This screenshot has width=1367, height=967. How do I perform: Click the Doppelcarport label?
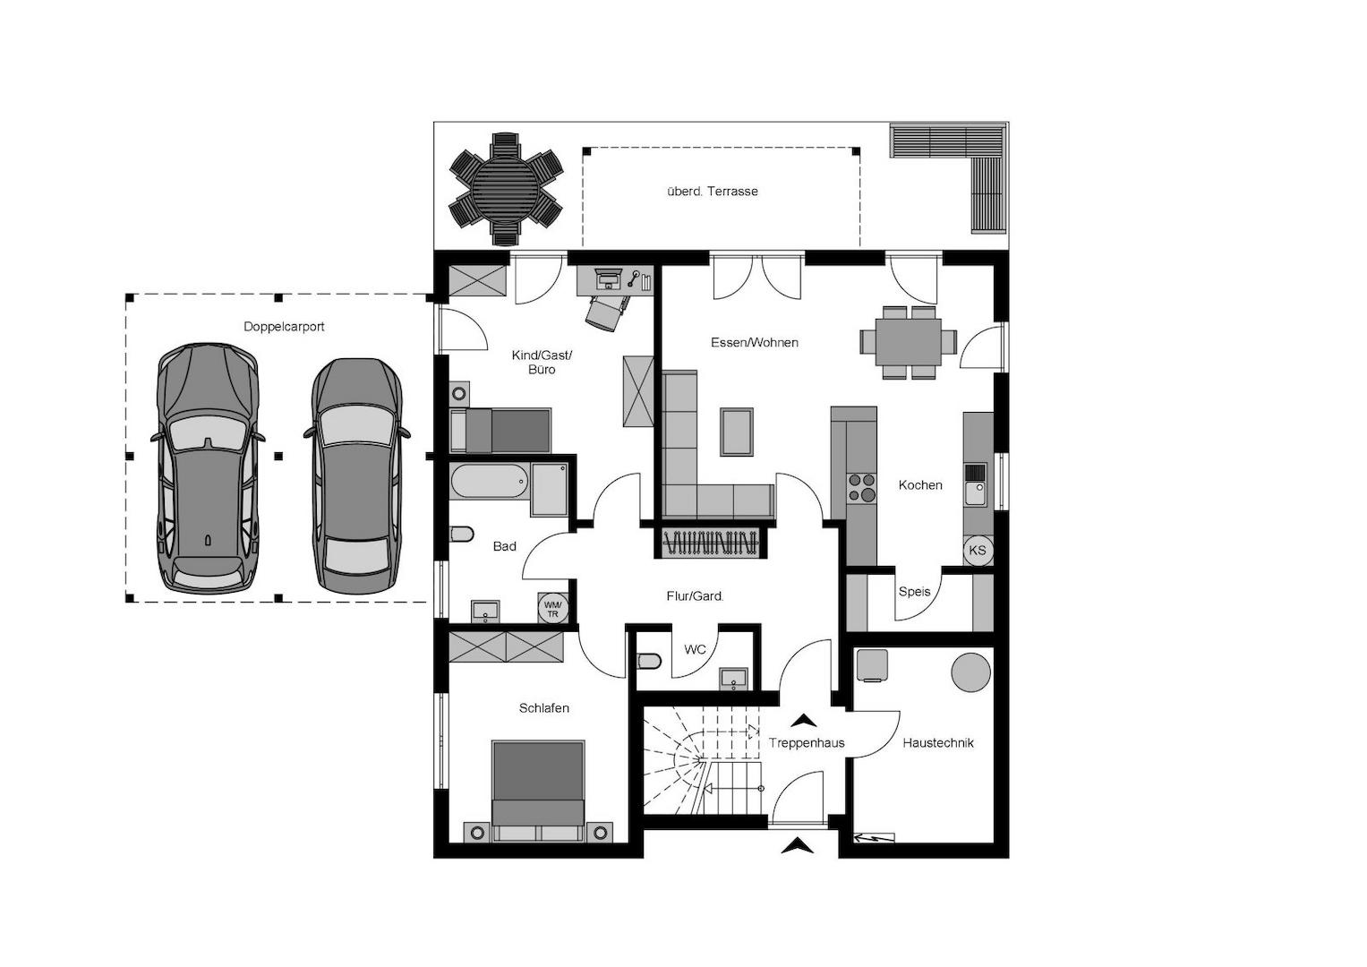click(284, 327)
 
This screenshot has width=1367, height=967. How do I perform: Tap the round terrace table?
click(505, 189)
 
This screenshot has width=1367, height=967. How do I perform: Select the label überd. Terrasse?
click(713, 191)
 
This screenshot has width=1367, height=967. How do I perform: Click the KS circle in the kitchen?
click(977, 550)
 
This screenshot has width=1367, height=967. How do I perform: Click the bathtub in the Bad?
click(490, 481)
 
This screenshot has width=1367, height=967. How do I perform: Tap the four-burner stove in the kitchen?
click(861, 488)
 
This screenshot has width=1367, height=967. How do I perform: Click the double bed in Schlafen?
click(538, 792)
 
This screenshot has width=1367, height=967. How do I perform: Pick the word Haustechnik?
click(938, 743)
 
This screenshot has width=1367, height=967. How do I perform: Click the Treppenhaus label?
click(807, 743)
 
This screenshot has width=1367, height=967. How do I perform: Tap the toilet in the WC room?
click(649, 662)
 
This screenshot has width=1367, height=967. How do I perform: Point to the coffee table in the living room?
click(737, 432)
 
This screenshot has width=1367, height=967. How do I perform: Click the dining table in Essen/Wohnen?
click(908, 342)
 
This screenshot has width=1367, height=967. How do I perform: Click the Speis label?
click(914, 592)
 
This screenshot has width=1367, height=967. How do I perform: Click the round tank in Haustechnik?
click(971, 672)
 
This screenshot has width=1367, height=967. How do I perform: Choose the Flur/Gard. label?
click(695, 595)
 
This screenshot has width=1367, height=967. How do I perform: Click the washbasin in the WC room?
click(733, 679)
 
